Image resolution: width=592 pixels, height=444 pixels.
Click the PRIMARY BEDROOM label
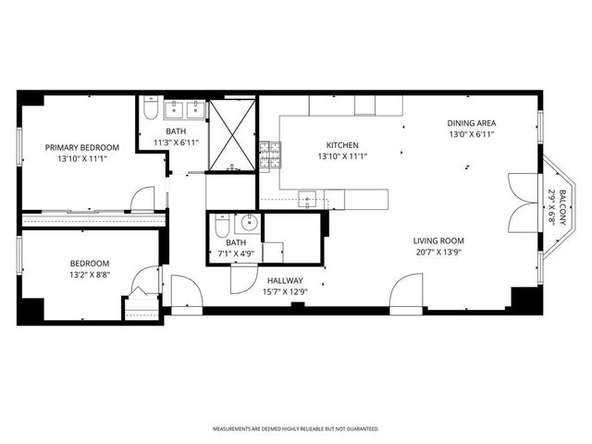pyautogui.click(x=82, y=147)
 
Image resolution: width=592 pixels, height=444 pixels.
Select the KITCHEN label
pyautogui.click(x=341, y=145)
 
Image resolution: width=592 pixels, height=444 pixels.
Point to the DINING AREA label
pyautogui.click(x=472, y=123)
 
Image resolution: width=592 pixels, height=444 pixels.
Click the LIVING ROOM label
pyautogui.click(x=438, y=240)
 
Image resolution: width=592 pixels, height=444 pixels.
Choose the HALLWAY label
pyautogui.click(x=286, y=280)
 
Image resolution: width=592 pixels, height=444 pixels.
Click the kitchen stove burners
pyautogui.click(x=269, y=156)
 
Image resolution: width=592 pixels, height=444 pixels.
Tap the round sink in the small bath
pyautogui.click(x=248, y=223)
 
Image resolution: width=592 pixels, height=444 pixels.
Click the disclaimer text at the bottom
pyautogui.click(x=296, y=429)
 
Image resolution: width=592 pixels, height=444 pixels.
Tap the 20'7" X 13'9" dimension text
pyautogui.click(x=438, y=252)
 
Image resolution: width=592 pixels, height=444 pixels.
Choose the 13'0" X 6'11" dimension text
pyautogui.click(x=472, y=134)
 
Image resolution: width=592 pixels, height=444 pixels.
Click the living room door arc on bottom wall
pyautogui.click(x=407, y=291)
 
